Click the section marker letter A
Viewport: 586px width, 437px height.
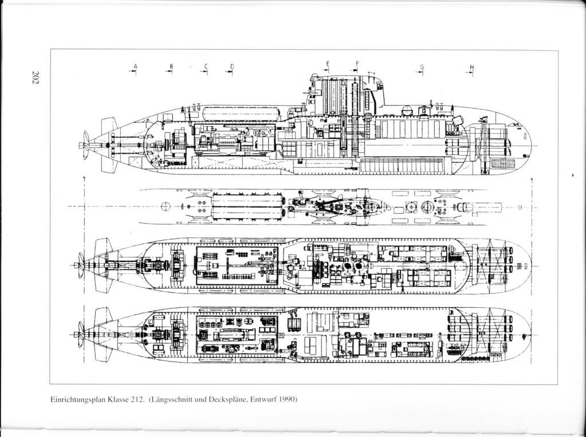pos(136,66)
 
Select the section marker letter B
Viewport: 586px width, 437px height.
pos(170,66)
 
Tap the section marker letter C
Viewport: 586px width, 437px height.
pos(204,66)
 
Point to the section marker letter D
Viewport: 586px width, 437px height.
pos(232,66)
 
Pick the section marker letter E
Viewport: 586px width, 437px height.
pos(328,62)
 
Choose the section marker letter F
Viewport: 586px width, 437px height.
pos(357,62)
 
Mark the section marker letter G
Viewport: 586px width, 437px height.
pos(422,66)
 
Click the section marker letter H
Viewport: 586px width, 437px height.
pos(471,66)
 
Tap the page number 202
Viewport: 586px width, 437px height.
pos(35,78)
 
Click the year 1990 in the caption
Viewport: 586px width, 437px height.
pos(285,399)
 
